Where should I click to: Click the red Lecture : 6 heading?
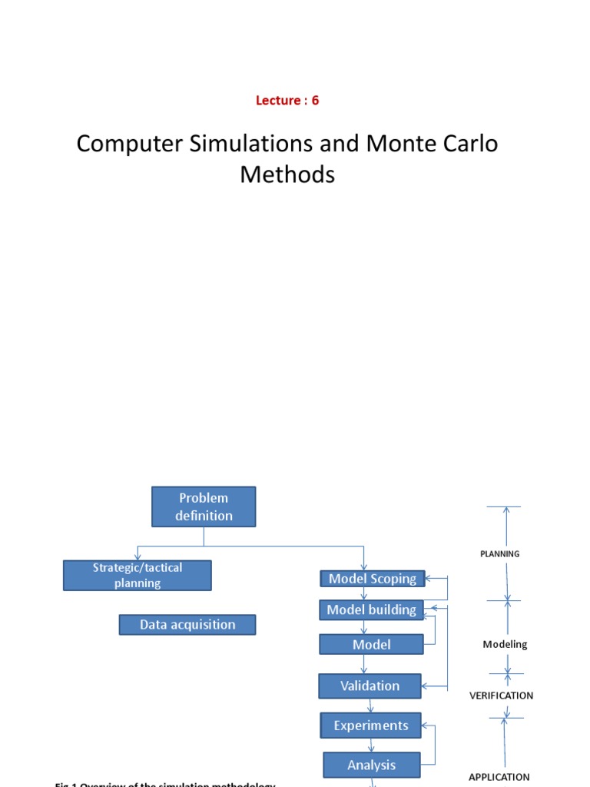point(287,101)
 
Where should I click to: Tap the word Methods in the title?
point(287,174)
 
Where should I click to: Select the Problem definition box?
point(204,506)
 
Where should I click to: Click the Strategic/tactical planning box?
point(138,575)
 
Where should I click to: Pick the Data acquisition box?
point(187,625)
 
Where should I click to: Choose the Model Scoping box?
point(373,579)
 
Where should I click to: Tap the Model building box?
point(371,609)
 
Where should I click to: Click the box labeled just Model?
point(371,645)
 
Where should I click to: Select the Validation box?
point(370,686)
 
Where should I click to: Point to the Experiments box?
point(371,726)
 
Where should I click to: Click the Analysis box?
point(372,765)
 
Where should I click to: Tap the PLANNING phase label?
point(499,553)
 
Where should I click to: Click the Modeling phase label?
point(505,645)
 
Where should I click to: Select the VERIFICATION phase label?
point(501,696)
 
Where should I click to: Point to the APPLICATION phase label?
point(499,777)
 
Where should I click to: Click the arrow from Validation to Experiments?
point(371,706)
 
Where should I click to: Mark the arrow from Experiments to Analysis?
point(372,745)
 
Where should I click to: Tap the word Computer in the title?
point(127,144)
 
